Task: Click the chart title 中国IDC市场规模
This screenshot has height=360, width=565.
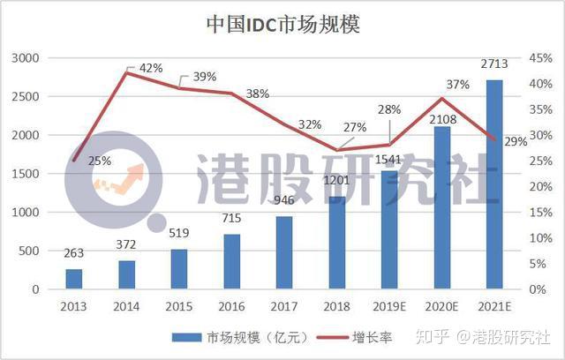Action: point(282,23)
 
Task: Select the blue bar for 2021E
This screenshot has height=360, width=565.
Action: point(494,184)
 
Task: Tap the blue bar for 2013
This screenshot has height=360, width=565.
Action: point(74,279)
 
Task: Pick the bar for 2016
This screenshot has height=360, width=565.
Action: point(232,261)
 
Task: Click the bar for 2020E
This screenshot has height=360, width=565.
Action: point(441,207)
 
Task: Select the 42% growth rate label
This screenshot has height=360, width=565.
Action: point(151,68)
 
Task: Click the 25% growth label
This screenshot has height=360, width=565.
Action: point(99,161)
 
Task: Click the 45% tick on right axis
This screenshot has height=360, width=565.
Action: point(540,58)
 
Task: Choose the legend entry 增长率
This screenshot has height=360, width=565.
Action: point(370,336)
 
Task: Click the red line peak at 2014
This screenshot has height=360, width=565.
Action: point(126,72)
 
